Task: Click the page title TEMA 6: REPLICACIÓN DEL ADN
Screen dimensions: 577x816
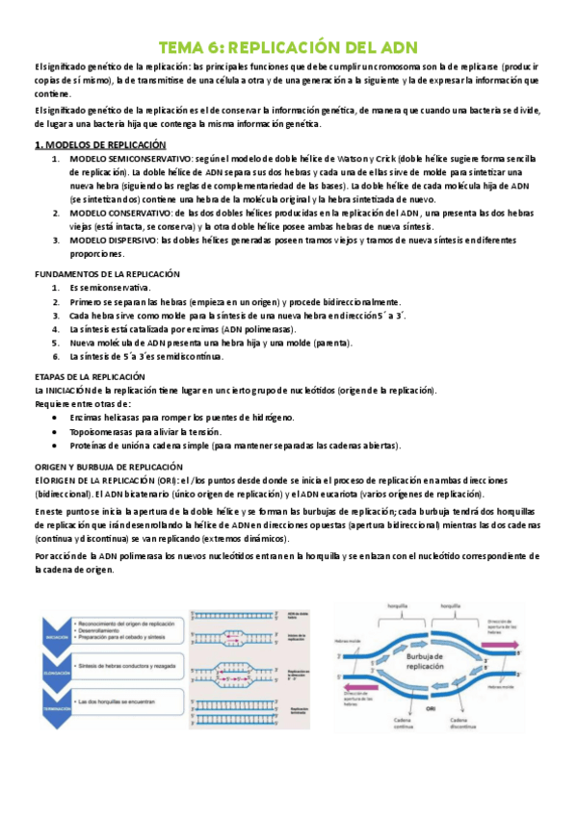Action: point(288,48)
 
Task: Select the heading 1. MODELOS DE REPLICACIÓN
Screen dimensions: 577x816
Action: point(86,144)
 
